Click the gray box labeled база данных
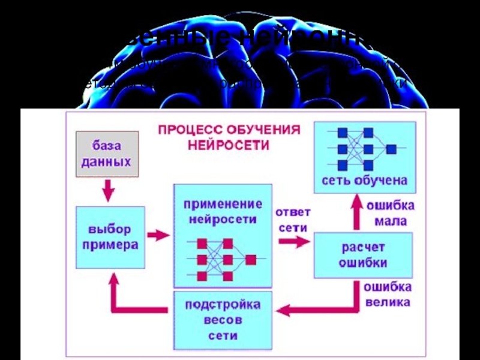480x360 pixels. tap(107, 154)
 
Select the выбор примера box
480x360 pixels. tap(110, 237)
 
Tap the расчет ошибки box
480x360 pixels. tap(363, 254)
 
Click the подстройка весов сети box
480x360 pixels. tap(223, 320)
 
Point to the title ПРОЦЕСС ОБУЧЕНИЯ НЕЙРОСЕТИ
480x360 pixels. tap(229, 137)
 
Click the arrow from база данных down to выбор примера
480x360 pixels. tap(108, 191)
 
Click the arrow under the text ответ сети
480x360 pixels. tap(294, 241)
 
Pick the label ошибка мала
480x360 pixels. tap(391, 213)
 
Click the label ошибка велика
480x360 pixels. tap(387, 294)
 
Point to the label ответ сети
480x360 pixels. tap(293, 220)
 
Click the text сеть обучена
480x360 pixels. tap(365, 180)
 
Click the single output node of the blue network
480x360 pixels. tap(391, 148)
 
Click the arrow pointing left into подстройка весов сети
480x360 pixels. tap(288, 310)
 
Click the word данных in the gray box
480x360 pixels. tap(106, 162)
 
